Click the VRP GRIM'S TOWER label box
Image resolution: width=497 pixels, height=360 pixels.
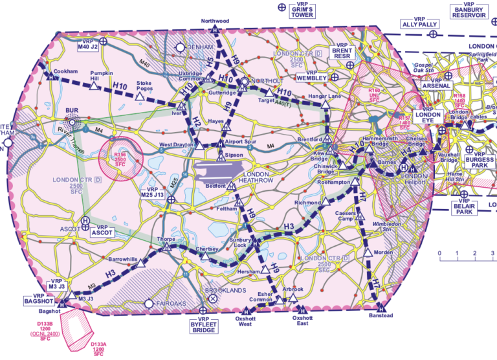tap(302, 11)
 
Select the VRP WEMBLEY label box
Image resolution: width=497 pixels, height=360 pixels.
tap(313, 75)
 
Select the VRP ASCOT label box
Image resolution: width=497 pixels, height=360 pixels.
tap(102, 230)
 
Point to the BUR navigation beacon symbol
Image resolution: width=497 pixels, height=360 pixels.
tap(72, 121)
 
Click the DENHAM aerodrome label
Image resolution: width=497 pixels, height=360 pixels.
tap(199, 47)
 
